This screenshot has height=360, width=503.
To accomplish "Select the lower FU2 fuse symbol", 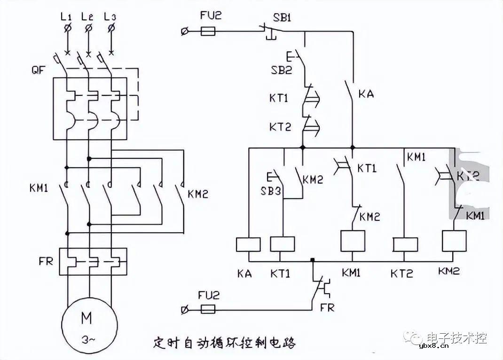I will click(208, 309).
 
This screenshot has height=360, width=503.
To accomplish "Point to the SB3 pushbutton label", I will click(270, 193).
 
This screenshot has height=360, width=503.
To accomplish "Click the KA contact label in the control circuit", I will click(366, 94).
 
